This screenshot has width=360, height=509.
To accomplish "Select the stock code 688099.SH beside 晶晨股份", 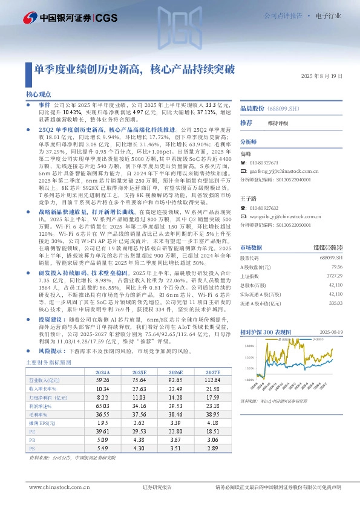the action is [283, 108].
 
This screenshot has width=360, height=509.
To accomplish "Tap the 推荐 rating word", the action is [247, 122].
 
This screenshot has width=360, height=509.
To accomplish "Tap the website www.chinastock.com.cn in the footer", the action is [55, 487].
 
